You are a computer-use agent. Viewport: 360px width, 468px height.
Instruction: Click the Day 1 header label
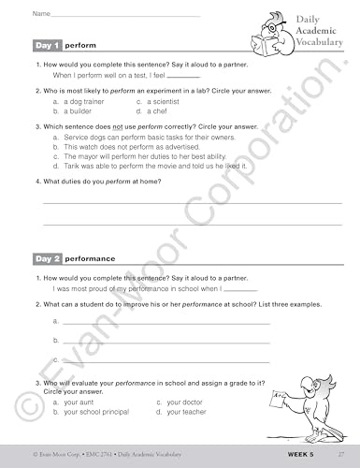coord(48,45)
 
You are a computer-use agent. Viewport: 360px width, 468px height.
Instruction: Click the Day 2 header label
coord(48,257)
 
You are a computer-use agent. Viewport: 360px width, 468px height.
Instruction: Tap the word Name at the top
coord(40,14)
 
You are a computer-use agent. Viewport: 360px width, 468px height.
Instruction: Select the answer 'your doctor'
coord(173,402)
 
